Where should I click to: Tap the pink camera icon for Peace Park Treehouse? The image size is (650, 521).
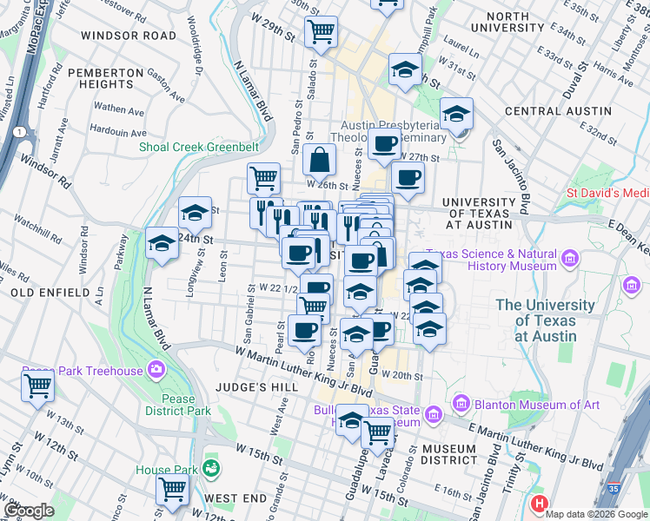click(x=157, y=369)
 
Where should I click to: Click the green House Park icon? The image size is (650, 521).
click(x=209, y=469)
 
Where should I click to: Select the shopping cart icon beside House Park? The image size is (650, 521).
click(x=172, y=490)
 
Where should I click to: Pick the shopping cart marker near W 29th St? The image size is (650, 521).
click(x=322, y=32)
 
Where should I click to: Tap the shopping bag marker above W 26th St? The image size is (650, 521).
click(x=320, y=160)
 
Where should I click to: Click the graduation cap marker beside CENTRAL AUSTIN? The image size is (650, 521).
click(x=455, y=114)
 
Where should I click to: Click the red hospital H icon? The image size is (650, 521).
click(x=540, y=504)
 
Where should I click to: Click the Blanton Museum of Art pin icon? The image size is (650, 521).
click(x=461, y=403)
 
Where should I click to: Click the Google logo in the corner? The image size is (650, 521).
click(x=30, y=511)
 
